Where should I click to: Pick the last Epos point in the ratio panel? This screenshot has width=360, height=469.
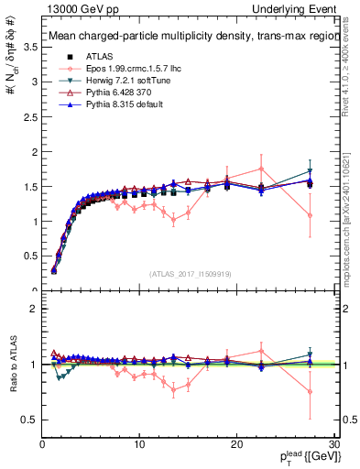pyautogui.click(x=311, y=391)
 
